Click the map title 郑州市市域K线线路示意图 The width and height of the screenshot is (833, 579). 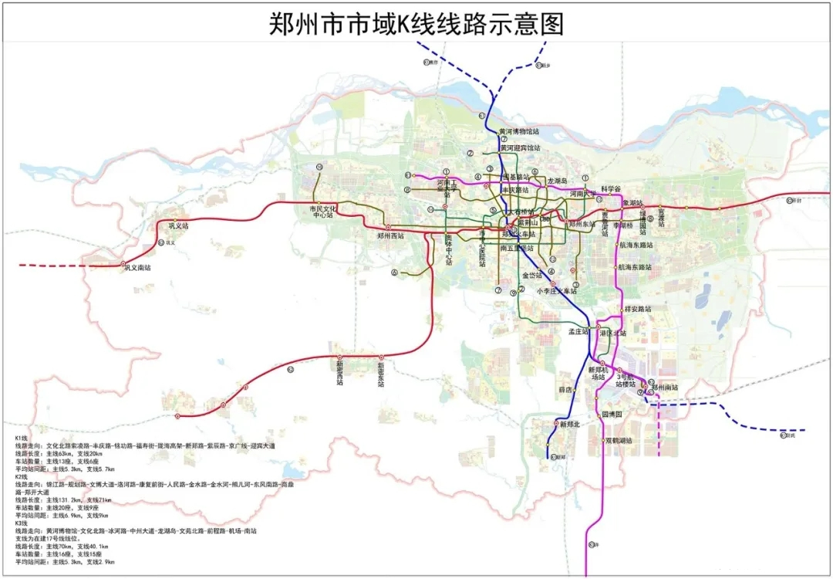pyautogui.click(x=416, y=23)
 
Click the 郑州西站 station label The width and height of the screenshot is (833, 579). pyautogui.click(x=390, y=235)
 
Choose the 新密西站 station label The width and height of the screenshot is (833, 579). pyautogui.click(x=339, y=373)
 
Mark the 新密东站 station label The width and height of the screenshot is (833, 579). pyautogui.click(x=381, y=373)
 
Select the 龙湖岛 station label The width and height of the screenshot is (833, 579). pyautogui.click(x=557, y=181)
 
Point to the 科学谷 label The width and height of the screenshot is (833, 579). pyautogui.click(x=611, y=188)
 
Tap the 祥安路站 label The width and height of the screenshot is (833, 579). pyautogui.click(x=637, y=309)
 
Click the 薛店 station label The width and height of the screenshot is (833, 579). pyautogui.click(x=567, y=390)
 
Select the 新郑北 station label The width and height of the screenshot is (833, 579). pyautogui.click(x=570, y=425)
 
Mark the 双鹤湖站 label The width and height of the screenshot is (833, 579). pyautogui.click(x=619, y=441)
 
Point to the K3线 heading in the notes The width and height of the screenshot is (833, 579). pyautogui.click(x=22, y=523)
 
